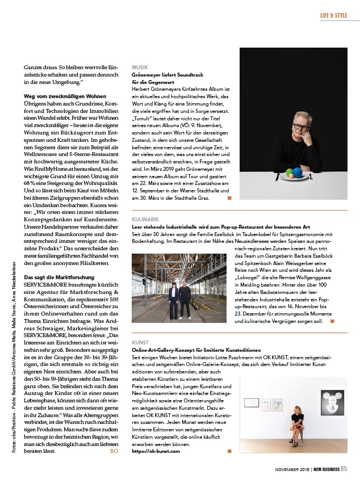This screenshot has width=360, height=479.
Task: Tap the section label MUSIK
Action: [140, 67]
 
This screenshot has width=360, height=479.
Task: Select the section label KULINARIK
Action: [145, 219]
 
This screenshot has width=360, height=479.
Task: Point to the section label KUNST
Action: [140, 343]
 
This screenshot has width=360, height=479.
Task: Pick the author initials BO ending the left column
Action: [114, 451]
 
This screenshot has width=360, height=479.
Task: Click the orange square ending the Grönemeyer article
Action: [229, 199]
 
